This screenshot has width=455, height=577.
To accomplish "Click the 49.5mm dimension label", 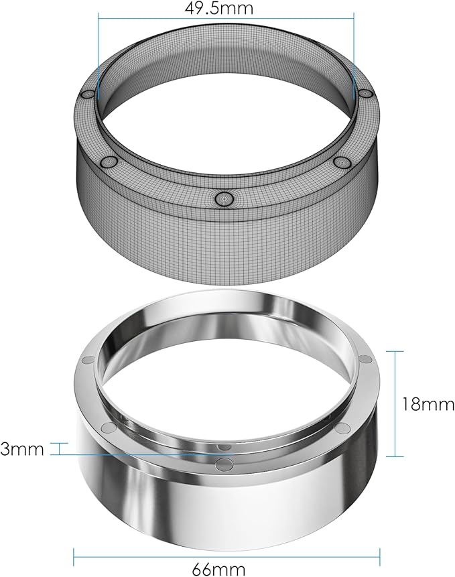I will point(226,9).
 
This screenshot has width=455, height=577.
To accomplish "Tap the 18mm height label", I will point(428,405).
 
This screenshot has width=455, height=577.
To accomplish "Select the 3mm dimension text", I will point(22,448).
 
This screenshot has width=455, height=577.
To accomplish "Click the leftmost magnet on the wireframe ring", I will point(88,95).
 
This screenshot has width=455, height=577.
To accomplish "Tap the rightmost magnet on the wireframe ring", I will point(365,95).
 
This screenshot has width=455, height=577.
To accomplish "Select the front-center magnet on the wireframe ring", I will point(224,198).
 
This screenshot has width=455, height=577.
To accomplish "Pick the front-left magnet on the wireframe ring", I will point(107,162).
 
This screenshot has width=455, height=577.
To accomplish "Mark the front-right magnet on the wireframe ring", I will point(342,162).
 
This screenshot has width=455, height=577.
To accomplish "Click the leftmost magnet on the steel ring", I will point(86,361).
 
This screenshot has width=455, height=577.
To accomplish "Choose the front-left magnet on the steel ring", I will point(107,427).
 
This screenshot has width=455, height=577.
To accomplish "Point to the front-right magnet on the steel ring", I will point(342,428).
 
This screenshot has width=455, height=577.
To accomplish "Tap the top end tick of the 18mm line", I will point(396,350).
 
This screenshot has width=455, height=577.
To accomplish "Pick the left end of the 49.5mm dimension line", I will point(99,18).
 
